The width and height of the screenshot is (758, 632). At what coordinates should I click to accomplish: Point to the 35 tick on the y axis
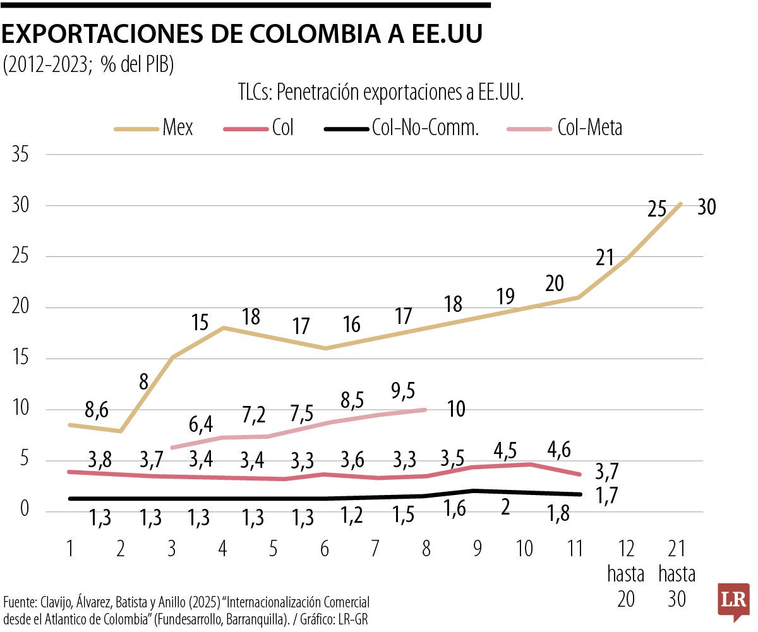tap(22, 155)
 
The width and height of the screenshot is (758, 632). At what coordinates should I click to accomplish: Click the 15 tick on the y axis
tap(22, 359)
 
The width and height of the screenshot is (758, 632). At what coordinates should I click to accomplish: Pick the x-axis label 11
tap(574, 549)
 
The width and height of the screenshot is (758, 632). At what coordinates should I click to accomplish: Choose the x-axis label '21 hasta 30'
tap(677, 574)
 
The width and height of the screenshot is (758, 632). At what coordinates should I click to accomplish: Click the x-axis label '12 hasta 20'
tap(625, 574)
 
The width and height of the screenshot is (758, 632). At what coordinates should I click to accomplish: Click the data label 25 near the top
tap(657, 209)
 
